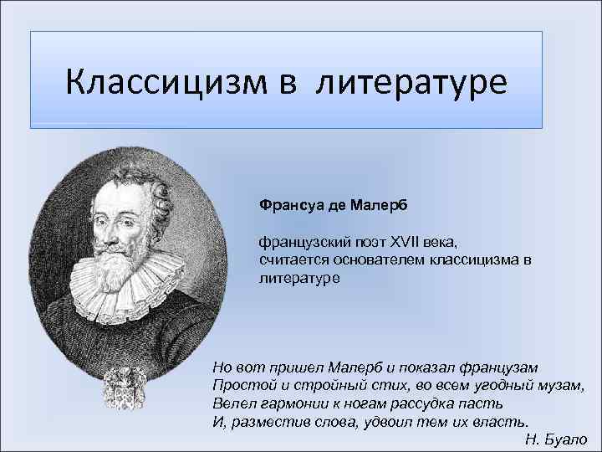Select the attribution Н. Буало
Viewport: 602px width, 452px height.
[x=555, y=439]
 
